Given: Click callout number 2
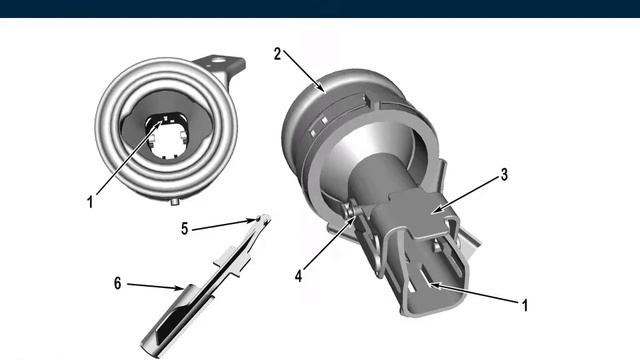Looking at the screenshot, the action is (278, 54).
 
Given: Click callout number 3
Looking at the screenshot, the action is (504, 175).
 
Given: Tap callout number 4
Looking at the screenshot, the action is (299, 276).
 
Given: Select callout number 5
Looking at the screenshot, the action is (184, 229).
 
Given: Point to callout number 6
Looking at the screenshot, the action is (118, 283).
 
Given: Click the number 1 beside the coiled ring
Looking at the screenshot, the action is (90, 202).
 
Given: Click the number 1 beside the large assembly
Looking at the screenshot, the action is (525, 305).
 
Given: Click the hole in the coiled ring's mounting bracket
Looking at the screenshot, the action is (219, 62).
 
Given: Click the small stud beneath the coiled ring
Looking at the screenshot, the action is (175, 201).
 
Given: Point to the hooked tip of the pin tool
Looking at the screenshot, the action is (264, 218).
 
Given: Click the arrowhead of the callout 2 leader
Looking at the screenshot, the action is (322, 89).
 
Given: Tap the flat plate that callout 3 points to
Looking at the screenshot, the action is (420, 213).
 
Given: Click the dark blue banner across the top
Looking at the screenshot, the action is (320, 9).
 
